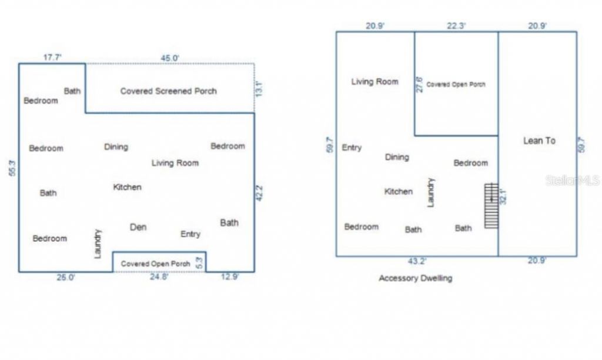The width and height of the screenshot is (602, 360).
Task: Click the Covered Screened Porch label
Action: point(168,91)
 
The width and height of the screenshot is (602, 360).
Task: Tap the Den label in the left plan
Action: point(138,227)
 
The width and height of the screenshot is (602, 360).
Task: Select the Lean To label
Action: point(539,141)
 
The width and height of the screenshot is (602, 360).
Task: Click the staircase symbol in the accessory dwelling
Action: point(491,206)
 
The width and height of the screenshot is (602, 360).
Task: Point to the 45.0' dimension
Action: point(170,58)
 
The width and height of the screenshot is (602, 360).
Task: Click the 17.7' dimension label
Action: point(53,58)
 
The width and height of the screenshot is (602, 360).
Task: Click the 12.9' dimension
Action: point(229,277)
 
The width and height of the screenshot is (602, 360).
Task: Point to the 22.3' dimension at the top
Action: point(456,25)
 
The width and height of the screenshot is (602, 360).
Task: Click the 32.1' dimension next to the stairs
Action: point(503,195)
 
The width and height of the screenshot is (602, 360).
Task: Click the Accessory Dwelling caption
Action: point(416,278)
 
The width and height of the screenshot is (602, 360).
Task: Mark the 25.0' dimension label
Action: point(65,277)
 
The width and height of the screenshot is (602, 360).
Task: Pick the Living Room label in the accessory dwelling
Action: point(374,82)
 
